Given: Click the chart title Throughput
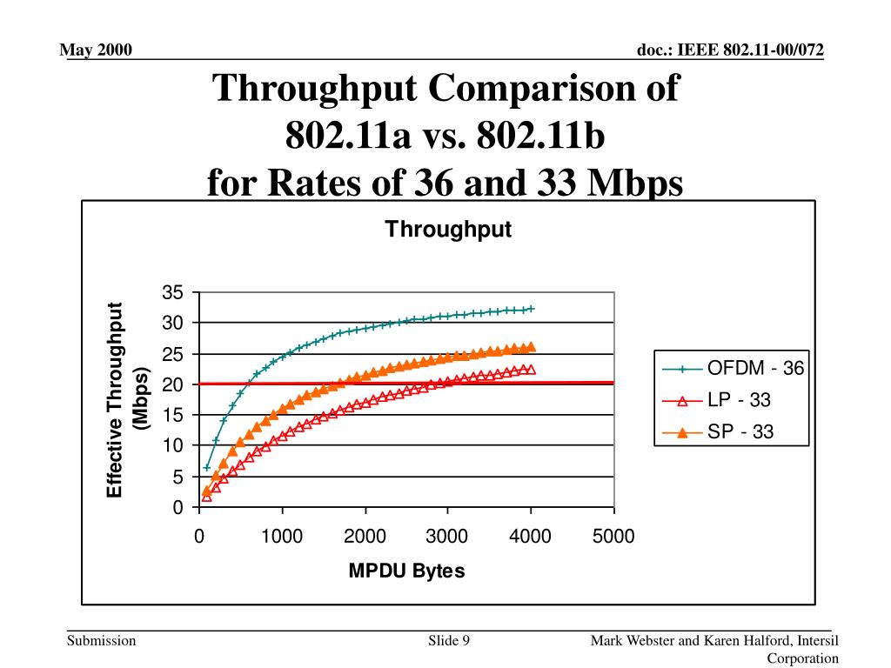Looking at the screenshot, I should click(x=448, y=230).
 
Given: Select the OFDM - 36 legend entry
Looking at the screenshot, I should click(x=754, y=368).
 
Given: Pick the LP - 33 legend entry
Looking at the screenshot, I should click(x=739, y=400).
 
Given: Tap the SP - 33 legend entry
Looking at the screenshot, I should click(x=740, y=431).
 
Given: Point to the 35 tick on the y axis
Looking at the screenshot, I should click(x=172, y=292).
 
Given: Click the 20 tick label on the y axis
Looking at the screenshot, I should click(x=172, y=384).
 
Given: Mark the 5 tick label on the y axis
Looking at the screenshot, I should click(x=177, y=477).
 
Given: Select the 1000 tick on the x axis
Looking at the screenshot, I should click(x=282, y=537).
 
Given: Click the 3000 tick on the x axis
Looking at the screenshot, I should click(x=447, y=537).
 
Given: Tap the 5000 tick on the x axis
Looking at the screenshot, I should click(x=613, y=537).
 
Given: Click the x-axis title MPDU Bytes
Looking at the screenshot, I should click(x=406, y=571).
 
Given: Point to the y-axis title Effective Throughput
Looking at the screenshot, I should click(x=116, y=400).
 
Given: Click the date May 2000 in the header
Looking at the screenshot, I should click(x=96, y=50).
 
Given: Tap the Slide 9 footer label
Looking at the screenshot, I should click(x=449, y=642).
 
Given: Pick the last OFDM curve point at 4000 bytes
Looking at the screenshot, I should click(x=531, y=308).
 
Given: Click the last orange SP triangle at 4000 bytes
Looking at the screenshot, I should click(x=530, y=346).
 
